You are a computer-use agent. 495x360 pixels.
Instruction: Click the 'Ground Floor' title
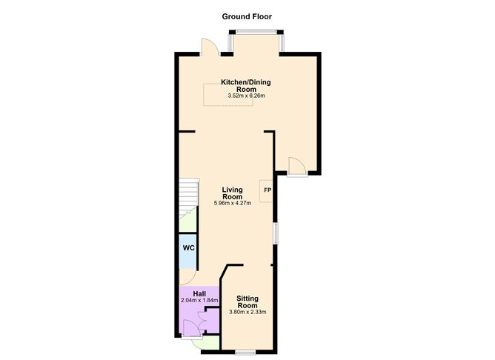(x=247, y=16)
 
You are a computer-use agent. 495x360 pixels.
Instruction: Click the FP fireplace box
(x=267, y=191)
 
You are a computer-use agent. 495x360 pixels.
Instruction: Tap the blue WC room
(x=188, y=247)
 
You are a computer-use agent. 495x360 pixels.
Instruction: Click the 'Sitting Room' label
(x=247, y=301)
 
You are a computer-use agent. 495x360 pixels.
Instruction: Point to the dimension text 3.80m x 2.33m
(x=247, y=312)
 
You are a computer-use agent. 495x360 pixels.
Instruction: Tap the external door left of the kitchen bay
(x=209, y=47)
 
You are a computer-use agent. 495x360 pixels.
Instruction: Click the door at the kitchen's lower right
(x=296, y=167)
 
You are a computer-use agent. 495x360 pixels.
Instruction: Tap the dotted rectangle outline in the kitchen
(x=229, y=94)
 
